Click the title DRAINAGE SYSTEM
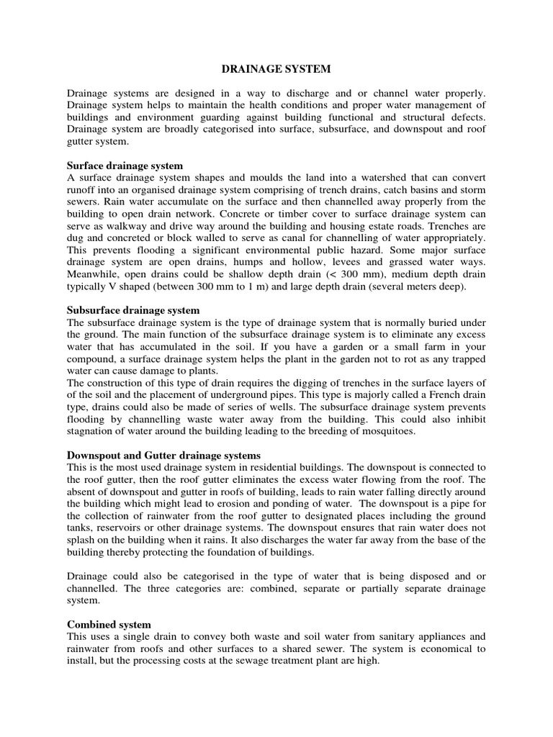click(276, 70)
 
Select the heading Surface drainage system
click(125, 166)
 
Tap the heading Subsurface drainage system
click(133, 310)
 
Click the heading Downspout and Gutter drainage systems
click(163, 456)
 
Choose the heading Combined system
click(109, 624)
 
